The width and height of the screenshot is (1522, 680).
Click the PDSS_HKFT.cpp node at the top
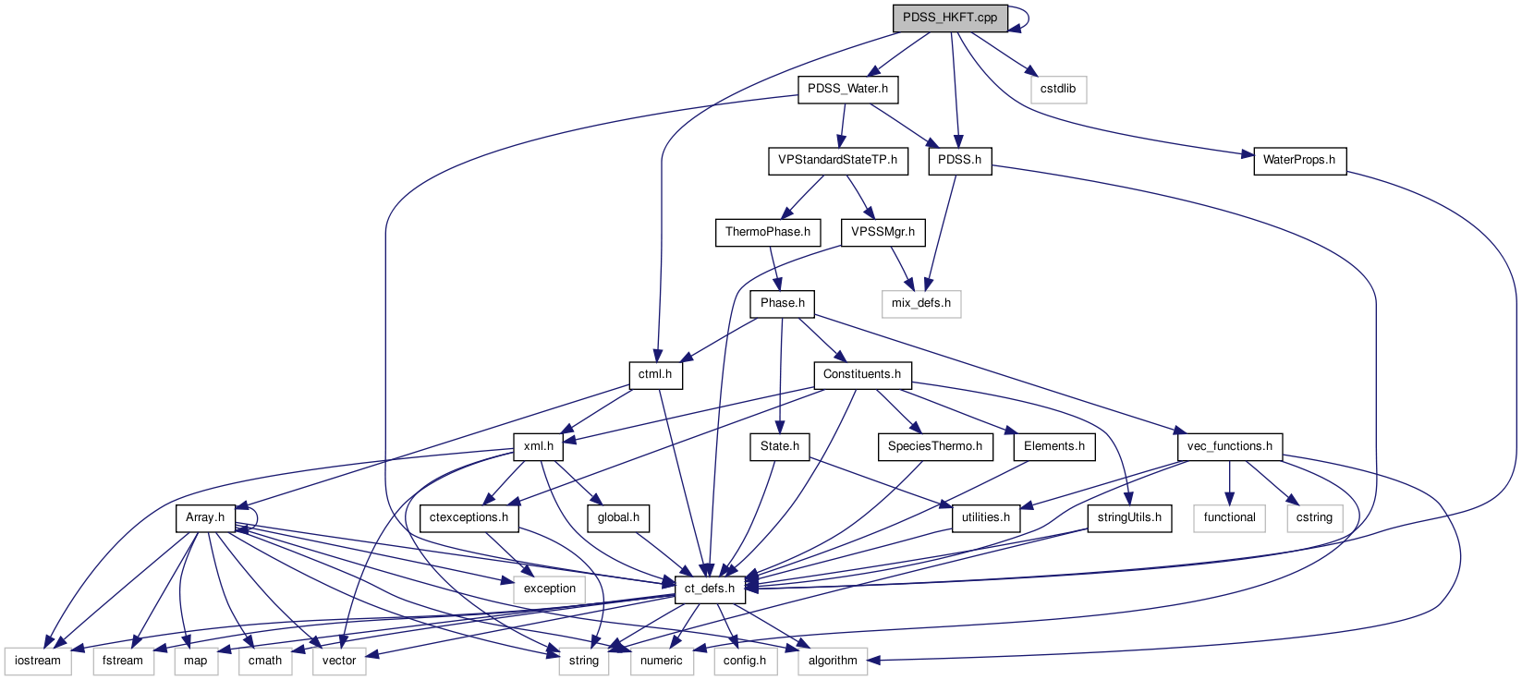click(949, 18)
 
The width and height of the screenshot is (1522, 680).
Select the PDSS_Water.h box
click(847, 89)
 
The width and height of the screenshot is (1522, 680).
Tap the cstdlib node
click(1057, 89)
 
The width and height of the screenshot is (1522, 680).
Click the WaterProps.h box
click(1298, 160)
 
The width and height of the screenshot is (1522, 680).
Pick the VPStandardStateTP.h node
click(836, 160)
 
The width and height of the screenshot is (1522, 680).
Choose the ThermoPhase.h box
click(767, 232)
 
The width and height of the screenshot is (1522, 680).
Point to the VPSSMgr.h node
click(883, 232)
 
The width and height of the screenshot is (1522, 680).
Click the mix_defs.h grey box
click(920, 303)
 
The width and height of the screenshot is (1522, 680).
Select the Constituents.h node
click(861, 374)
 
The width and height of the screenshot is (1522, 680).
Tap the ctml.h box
click(654, 374)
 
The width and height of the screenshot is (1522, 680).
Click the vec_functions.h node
click(1229, 446)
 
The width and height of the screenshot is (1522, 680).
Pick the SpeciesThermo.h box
click(934, 446)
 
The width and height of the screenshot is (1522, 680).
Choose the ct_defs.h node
click(709, 589)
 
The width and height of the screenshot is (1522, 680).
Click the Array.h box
click(204, 517)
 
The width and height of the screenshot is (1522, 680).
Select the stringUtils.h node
click(1128, 517)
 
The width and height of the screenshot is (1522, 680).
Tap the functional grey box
click(1229, 517)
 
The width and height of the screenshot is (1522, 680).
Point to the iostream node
click(38, 661)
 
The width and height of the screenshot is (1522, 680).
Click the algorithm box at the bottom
click(832, 661)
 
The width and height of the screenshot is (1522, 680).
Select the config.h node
click(744, 661)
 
